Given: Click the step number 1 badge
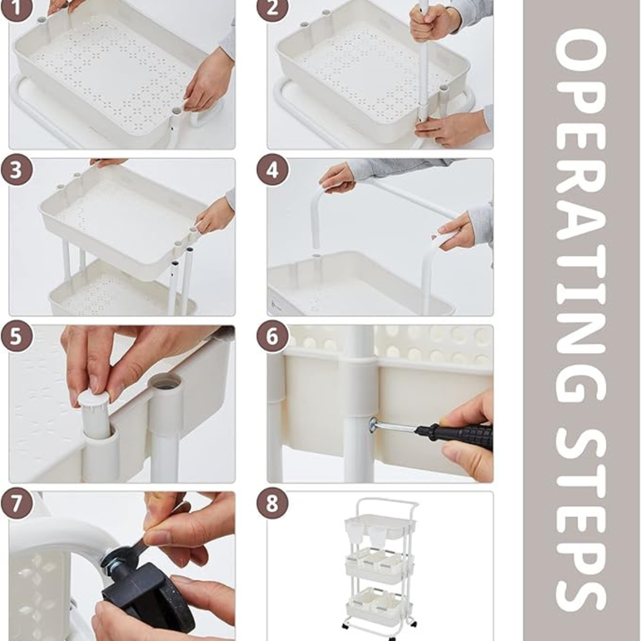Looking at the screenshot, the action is click(17, 9).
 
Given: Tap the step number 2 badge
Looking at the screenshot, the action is click(273, 9).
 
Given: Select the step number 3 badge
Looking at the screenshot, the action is click(17, 169).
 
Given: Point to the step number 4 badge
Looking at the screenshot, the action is click(273, 169).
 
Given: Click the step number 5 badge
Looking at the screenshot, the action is click(17, 336).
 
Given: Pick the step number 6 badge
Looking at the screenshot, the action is click(273, 336).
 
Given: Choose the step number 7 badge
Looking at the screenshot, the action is click(17, 503).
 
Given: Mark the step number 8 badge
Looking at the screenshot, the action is click(273, 503).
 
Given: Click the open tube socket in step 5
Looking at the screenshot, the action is click(165, 383).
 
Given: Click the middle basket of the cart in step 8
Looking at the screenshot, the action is click(380, 567).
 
